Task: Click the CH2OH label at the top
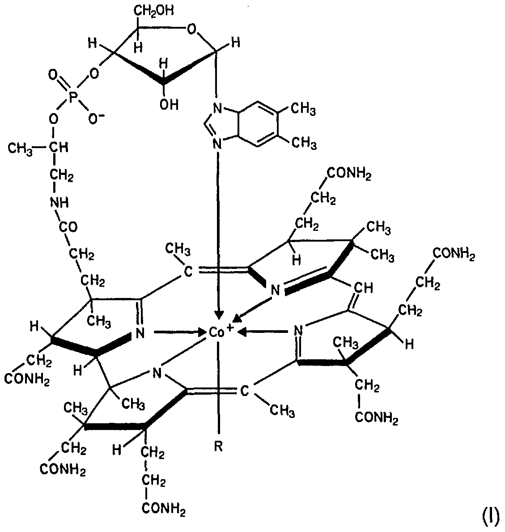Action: (x=153, y=11)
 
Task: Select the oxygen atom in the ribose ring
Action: (x=191, y=30)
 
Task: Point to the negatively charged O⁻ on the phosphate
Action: (x=96, y=119)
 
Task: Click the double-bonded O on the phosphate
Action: (x=53, y=75)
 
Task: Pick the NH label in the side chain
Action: (x=59, y=203)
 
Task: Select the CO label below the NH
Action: (x=68, y=227)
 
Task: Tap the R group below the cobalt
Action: (x=218, y=447)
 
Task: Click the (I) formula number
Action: (x=490, y=517)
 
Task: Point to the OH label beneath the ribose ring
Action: (x=169, y=105)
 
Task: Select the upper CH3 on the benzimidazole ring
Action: (x=304, y=110)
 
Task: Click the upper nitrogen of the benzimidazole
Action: (x=217, y=109)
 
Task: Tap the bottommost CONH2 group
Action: (x=163, y=509)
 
